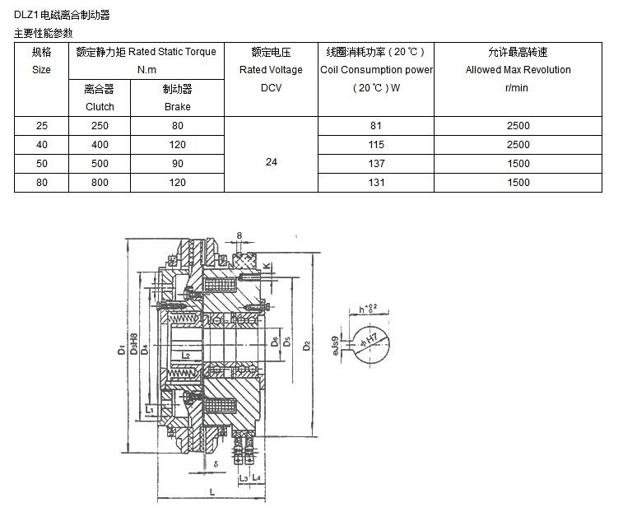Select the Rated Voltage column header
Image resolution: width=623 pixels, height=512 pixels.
[271, 70]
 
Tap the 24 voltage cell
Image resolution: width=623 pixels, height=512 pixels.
[271, 162]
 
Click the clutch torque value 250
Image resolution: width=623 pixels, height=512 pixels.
[100, 126]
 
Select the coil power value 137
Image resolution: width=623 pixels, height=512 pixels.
[376, 163]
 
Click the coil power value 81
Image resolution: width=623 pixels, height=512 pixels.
[376, 126]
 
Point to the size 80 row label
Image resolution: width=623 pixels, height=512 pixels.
[41, 182]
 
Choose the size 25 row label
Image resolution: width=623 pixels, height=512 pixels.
[41, 126]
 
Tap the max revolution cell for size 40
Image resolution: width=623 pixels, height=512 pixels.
[518, 144]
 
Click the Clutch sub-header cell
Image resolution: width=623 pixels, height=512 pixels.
[100, 97]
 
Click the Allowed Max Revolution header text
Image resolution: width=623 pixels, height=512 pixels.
[518, 70]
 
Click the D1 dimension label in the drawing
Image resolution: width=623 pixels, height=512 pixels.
[122, 351]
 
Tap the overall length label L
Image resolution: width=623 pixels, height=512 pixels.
[212, 491]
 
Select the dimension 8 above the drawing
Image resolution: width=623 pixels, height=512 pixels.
[239, 236]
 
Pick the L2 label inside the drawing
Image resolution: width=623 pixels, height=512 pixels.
[187, 356]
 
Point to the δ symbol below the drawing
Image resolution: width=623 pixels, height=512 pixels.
[216, 464]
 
